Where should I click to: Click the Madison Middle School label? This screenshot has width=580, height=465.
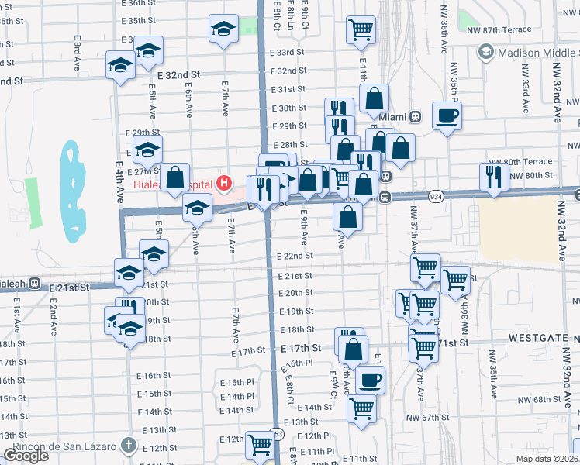[533, 52]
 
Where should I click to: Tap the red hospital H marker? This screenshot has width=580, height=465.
[224, 184]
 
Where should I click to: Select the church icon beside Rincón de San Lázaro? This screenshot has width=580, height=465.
[129, 446]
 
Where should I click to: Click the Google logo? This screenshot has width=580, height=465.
[26, 456]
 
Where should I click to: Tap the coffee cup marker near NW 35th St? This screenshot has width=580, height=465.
[447, 117]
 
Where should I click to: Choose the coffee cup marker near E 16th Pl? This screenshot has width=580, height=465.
[370, 380]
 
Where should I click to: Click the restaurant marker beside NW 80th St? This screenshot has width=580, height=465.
[494, 176]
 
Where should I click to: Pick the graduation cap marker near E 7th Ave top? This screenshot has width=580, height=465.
[223, 29]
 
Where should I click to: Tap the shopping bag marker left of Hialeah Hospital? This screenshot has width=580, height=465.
[176, 177]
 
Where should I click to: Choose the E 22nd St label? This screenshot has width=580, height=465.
[295, 256]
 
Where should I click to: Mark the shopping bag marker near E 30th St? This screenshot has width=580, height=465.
[374, 100]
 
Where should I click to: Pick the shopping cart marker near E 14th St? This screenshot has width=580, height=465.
[361, 407]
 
